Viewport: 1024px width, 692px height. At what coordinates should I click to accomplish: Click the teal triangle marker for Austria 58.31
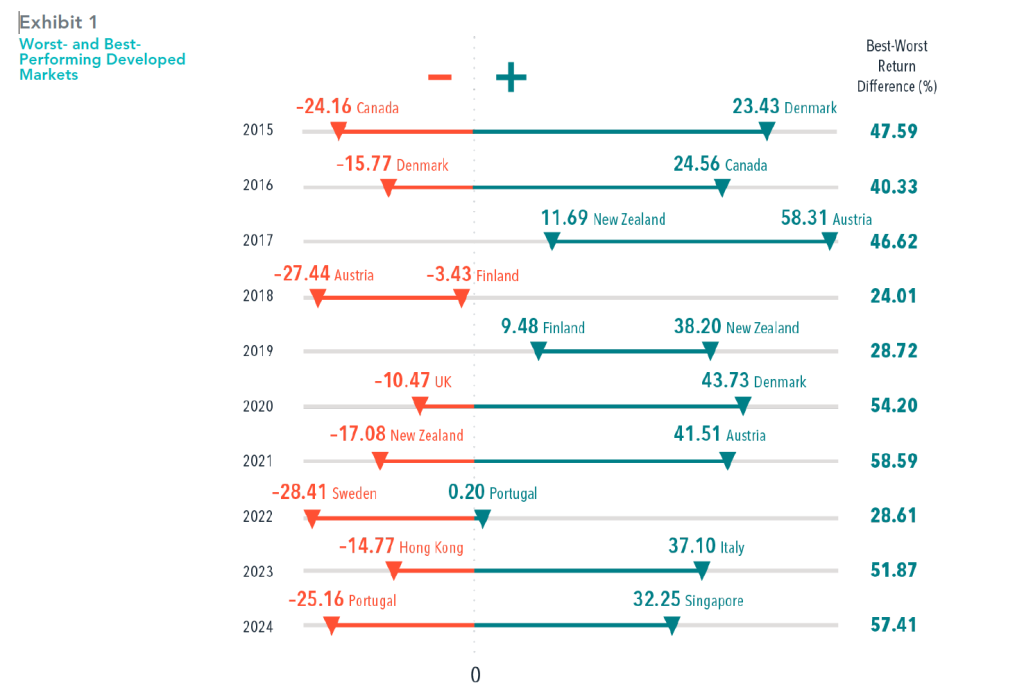tap(829, 241)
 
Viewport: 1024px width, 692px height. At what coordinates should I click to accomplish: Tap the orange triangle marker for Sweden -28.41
tap(312, 517)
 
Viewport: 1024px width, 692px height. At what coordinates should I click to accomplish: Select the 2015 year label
tap(258, 130)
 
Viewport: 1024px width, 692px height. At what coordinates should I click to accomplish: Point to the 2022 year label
tap(258, 516)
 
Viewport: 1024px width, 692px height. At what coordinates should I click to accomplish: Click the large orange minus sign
tap(439, 77)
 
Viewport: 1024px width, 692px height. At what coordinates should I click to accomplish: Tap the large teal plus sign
tap(511, 77)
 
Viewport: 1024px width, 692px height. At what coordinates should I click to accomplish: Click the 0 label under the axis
tap(475, 675)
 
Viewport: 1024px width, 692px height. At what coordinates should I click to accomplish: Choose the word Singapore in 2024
tap(713, 602)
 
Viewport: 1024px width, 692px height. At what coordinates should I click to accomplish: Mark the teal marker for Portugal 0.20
tap(483, 517)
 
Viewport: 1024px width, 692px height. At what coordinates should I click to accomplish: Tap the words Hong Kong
tap(431, 548)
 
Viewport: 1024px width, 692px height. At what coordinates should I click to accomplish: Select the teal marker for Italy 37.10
tap(702, 571)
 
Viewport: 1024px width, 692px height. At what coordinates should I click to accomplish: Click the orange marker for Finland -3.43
tap(461, 297)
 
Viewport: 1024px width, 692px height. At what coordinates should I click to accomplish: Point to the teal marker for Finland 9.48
tap(539, 351)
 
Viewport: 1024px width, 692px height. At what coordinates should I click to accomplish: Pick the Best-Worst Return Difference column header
tap(900, 66)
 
